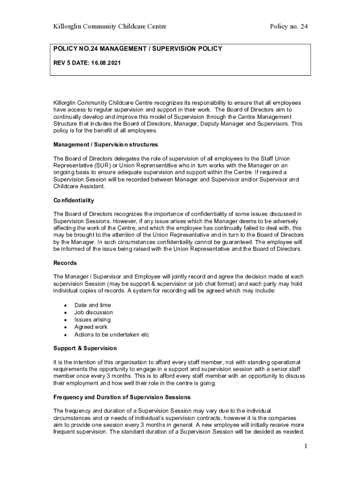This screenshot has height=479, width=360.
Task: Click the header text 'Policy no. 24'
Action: (x=288, y=27)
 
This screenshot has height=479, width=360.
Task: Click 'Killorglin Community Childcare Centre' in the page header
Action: (x=110, y=27)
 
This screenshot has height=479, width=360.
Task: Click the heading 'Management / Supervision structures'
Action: (x=106, y=145)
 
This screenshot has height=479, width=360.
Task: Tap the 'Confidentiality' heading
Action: (x=74, y=200)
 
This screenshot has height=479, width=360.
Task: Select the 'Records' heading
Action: (x=65, y=263)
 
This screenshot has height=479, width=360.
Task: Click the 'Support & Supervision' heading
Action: (x=85, y=348)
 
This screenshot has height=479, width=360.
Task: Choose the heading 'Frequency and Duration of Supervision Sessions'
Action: (x=122, y=397)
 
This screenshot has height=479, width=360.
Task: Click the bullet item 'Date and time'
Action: (x=93, y=305)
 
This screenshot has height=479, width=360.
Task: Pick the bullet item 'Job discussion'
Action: (x=94, y=312)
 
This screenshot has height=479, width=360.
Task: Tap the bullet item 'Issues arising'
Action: (x=93, y=320)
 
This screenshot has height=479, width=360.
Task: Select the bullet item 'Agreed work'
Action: (x=91, y=327)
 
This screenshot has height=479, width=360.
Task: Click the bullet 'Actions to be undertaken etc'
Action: (x=112, y=335)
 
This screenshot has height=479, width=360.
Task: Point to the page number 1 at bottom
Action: (x=305, y=446)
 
